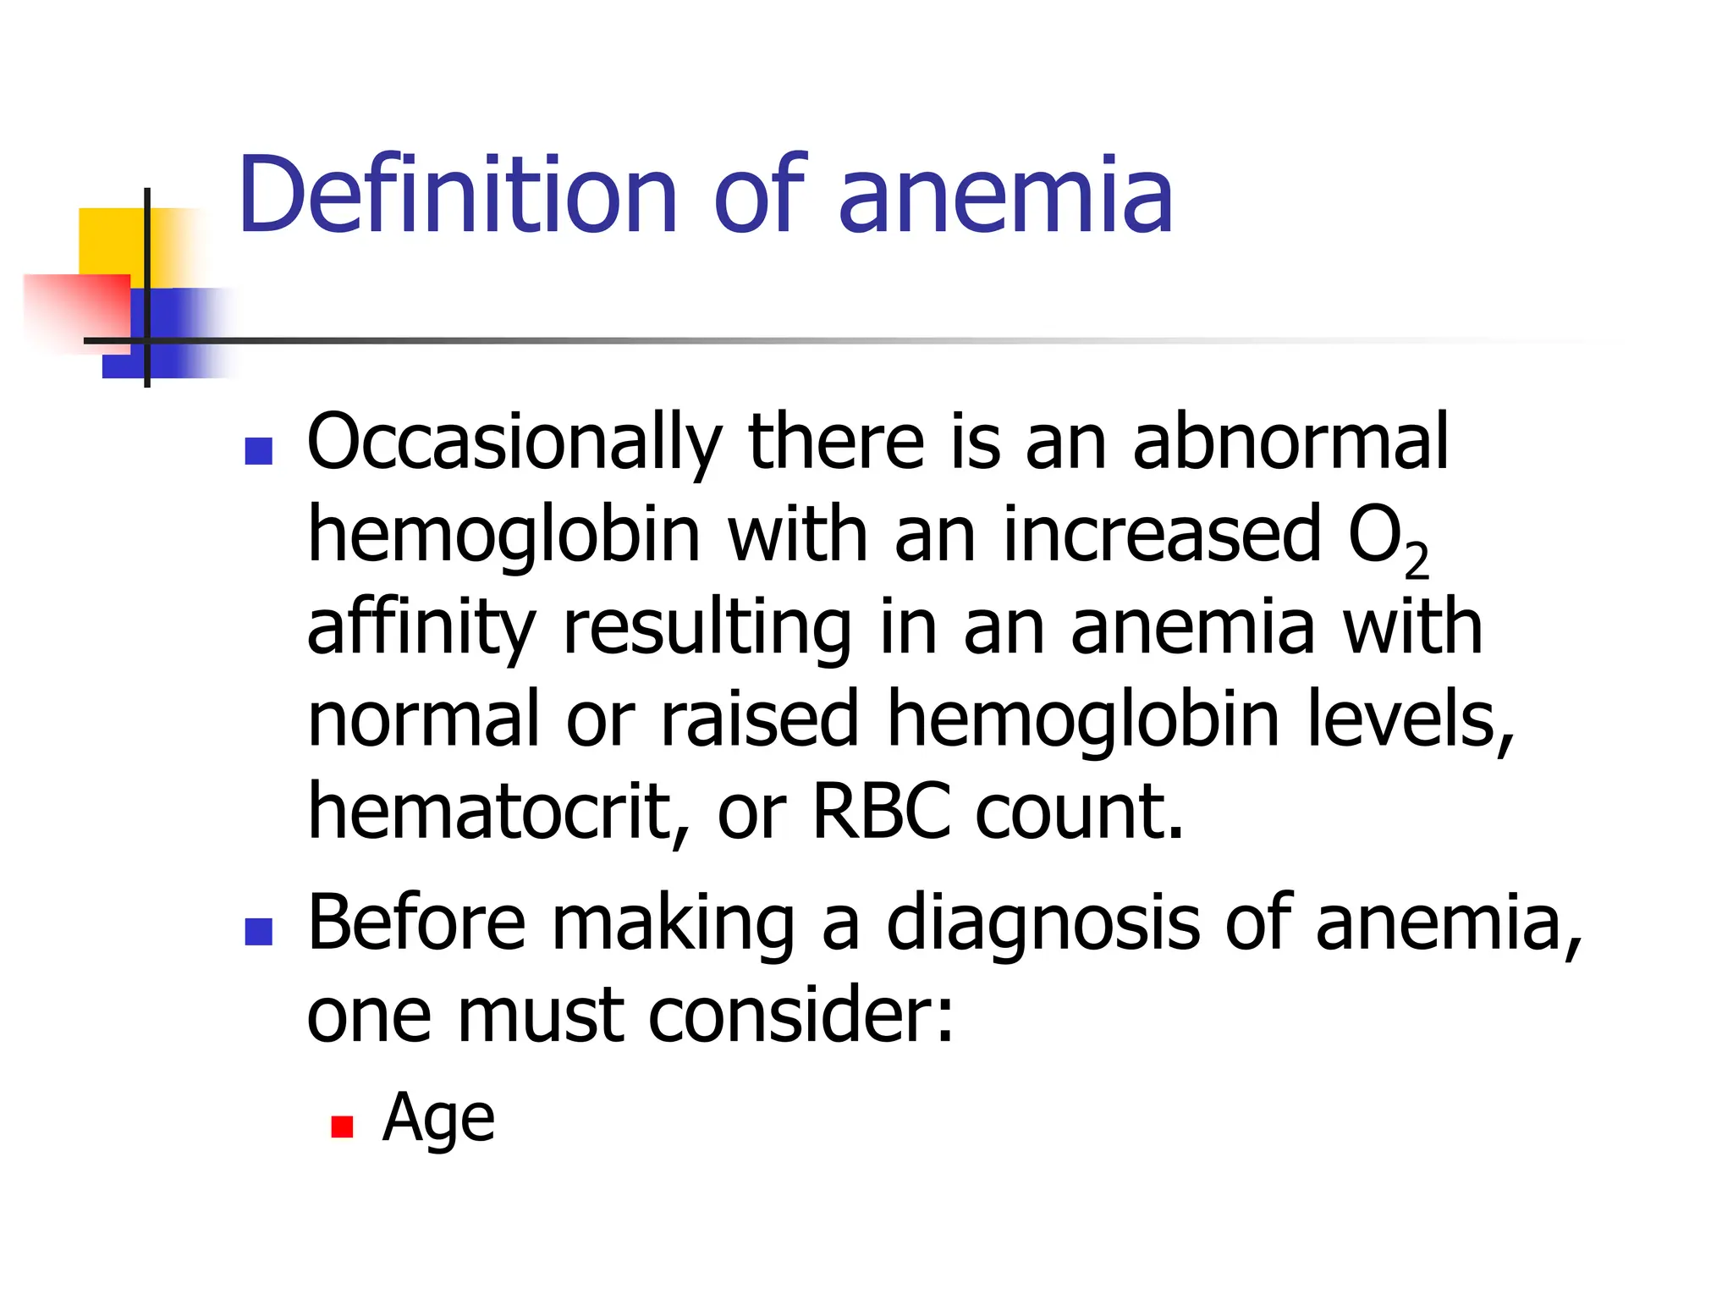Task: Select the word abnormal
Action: point(1290,443)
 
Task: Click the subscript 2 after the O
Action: point(1417,559)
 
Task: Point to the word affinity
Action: point(421,628)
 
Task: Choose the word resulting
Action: point(707,628)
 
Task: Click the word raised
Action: point(759,719)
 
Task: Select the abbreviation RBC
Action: point(881,812)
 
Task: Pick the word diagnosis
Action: point(1043,924)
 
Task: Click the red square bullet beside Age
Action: point(342,1126)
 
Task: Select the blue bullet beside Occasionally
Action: point(258,451)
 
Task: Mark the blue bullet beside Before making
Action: point(258,931)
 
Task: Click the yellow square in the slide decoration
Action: point(110,240)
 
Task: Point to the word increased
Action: point(1162,535)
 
